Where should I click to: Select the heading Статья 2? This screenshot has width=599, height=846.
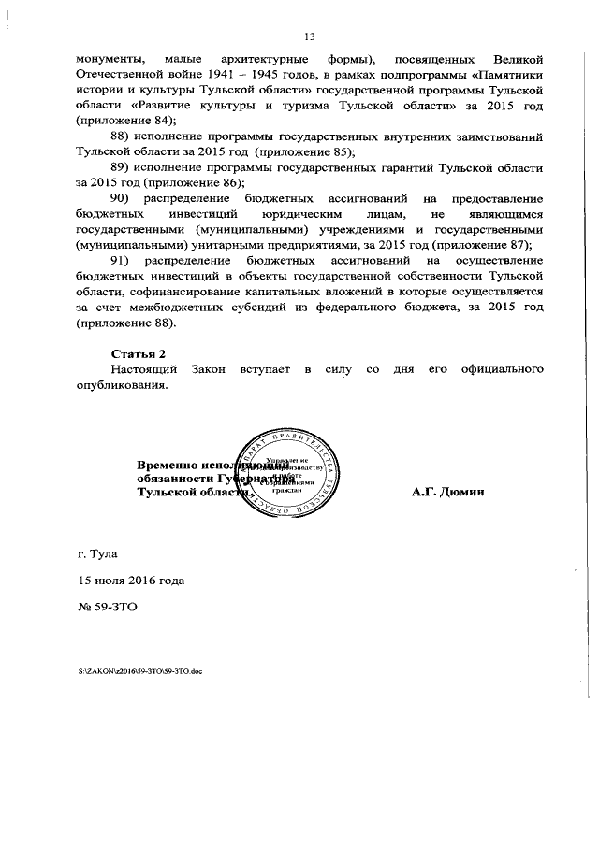(139, 355)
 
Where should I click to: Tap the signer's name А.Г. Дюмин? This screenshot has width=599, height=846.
(446, 492)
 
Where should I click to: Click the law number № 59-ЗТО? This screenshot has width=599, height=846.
(107, 607)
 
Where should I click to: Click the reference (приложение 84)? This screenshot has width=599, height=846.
(124, 122)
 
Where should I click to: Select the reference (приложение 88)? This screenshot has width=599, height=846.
(124, 323)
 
